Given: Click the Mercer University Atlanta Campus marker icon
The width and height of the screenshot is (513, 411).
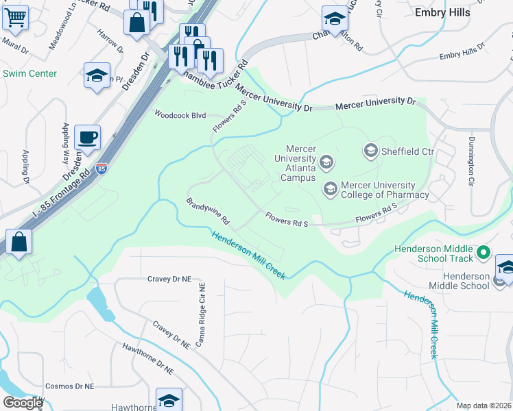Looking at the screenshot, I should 326,162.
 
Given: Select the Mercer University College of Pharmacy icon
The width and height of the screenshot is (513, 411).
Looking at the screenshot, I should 330,187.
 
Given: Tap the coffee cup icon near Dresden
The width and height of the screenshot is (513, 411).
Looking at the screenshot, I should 88,137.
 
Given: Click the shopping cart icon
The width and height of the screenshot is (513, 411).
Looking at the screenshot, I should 14,18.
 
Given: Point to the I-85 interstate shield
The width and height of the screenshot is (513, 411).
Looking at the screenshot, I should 102,168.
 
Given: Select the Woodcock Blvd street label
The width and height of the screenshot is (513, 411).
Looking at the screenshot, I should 180,115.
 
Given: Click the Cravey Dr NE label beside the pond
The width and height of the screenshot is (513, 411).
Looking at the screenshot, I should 172,279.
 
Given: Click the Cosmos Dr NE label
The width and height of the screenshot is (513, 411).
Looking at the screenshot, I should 69,386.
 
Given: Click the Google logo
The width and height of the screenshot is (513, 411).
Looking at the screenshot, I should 23,402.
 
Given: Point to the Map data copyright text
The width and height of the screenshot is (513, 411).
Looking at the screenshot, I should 483,406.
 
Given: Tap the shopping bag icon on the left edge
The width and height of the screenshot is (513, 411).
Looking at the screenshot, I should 19,242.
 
